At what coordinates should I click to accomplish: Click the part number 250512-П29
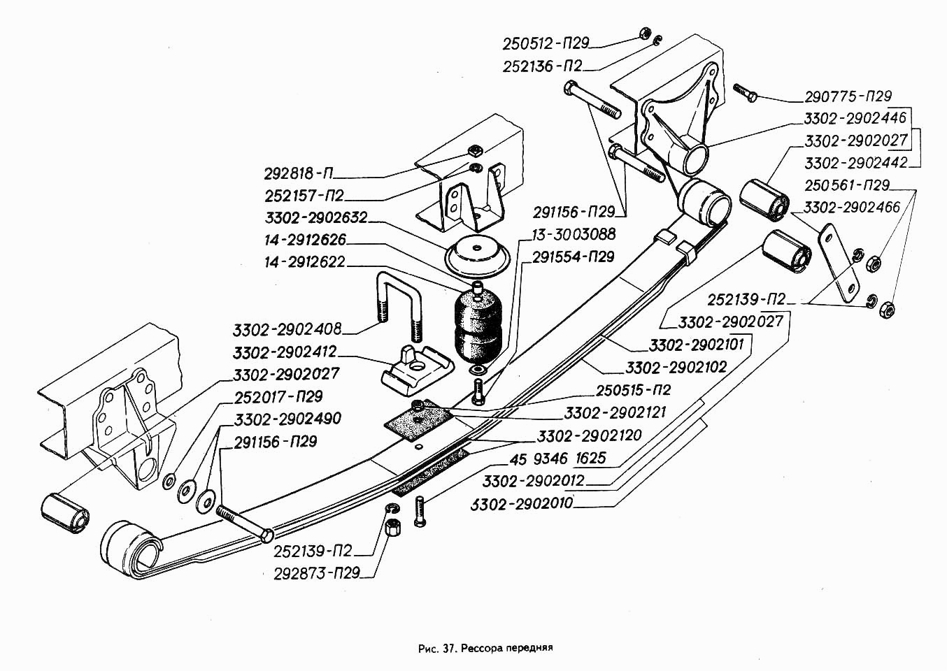pos(546,43)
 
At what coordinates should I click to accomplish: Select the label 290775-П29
pos(848,96)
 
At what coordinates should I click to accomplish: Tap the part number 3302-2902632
pos(316,217)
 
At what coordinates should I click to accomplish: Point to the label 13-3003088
pos(574,234)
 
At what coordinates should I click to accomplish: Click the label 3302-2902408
pos(287,330)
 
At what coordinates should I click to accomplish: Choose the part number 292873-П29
pos(317,573)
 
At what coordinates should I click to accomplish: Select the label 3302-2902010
pos(522,503)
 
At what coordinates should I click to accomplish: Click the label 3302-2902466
pos(851,207)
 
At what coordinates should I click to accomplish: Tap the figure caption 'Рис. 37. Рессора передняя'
pos(485,648)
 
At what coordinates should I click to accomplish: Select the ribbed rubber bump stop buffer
pos(476,325)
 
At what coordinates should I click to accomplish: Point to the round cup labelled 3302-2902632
pos(477,256)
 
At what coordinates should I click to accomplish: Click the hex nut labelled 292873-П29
pos(394,527)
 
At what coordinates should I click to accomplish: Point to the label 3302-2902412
pos(284,352)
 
